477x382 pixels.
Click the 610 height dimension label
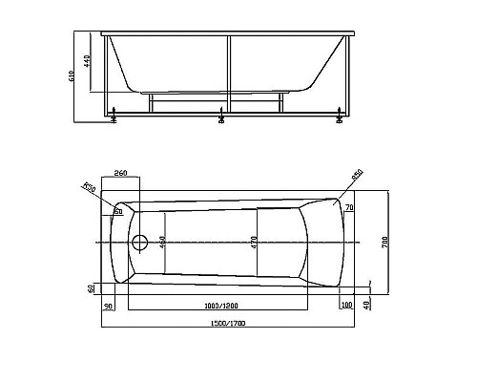pos(83,76)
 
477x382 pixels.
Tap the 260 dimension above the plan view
pos(120,173)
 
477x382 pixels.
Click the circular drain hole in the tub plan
pos(139,242)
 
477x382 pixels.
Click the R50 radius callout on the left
pos(90,187)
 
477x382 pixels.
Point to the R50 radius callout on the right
pos(357,175)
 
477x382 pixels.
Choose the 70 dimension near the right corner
pos(349,207)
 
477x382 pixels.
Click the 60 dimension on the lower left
pos(91,287)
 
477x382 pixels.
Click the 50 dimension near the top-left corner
pos(119,211)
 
